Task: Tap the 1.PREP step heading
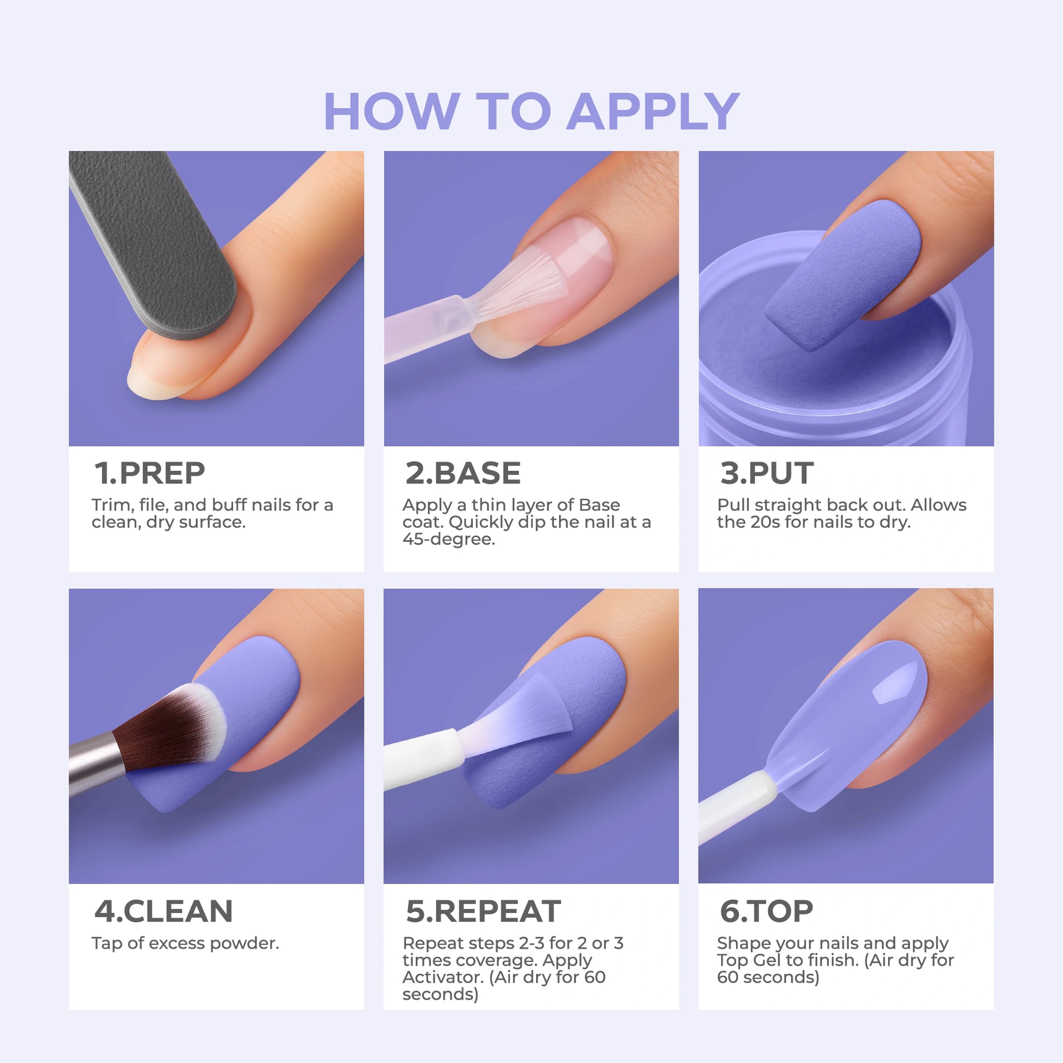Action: point(149,473)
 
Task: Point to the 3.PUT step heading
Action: point(767,473)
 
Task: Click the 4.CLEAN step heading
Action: point(163,911)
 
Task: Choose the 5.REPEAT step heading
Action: point(483,911)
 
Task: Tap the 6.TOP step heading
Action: point(767,911)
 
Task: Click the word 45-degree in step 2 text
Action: point(449,539)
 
